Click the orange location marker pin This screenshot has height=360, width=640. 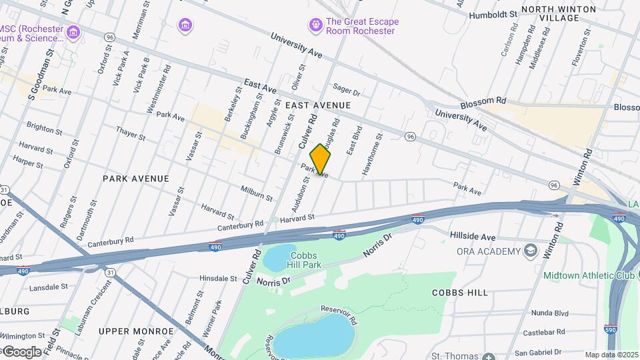click(321, 159)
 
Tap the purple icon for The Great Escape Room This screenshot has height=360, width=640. click(315, 25)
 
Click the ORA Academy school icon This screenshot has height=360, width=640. click(531, 251)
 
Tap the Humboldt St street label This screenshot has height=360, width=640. click(493, 14)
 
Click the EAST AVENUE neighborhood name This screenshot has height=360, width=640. click(317, 105)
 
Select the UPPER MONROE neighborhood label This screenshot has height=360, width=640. click(136, 331)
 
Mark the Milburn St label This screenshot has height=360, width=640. click(257, 194)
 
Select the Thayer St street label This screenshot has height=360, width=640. click(131, 133)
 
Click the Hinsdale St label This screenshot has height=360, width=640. click(219, 278)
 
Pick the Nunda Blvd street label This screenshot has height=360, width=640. click(549, 313)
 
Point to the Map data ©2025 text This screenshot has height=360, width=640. click(611, 355)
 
